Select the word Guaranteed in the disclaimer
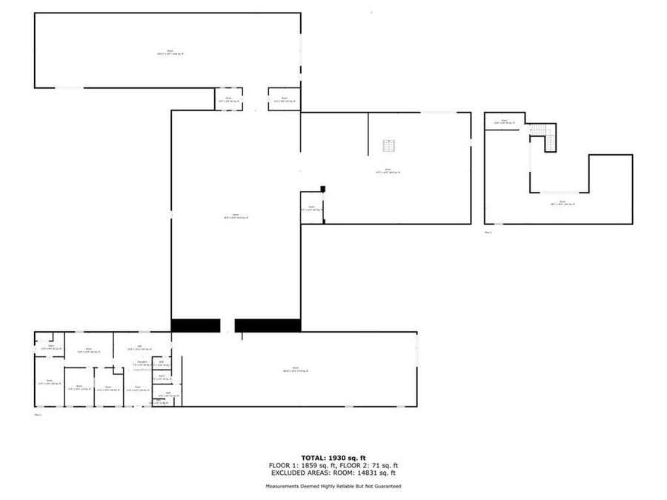pos(386,486)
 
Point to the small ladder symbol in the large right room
pos(388,145)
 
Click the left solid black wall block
pos(196,325)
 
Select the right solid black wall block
pos(268,325)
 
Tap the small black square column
pos(322,189)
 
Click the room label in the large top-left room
pos(170,52)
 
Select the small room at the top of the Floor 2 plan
pos(504,121)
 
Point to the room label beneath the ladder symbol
pos(388,171)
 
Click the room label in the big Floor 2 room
pos(563,201)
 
